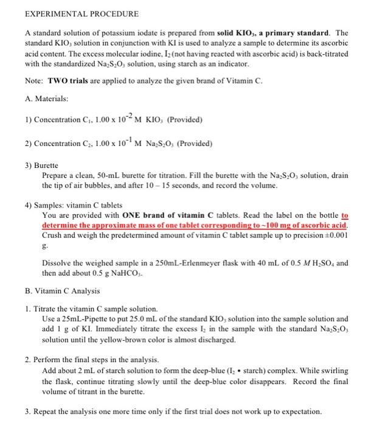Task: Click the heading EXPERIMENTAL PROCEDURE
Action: click(x=73, y=13)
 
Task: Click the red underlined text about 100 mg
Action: click(x=195, y=225)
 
